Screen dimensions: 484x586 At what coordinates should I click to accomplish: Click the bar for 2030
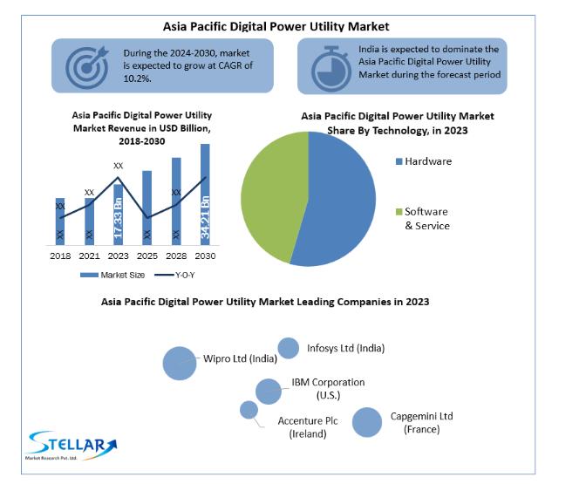205,194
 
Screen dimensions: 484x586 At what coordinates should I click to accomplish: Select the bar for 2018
60,221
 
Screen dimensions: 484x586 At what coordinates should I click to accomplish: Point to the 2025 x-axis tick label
146,256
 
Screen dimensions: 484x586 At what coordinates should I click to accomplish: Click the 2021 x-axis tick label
89,256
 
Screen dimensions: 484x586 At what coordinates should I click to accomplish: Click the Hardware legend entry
427,161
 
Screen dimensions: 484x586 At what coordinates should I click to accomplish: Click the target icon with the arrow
87,66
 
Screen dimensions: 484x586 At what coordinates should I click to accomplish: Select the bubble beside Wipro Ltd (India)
180,363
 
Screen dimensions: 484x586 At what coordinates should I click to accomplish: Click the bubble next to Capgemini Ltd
367,422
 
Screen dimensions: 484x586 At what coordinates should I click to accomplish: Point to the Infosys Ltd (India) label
345,348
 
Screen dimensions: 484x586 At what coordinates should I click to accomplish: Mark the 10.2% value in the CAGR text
137,78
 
